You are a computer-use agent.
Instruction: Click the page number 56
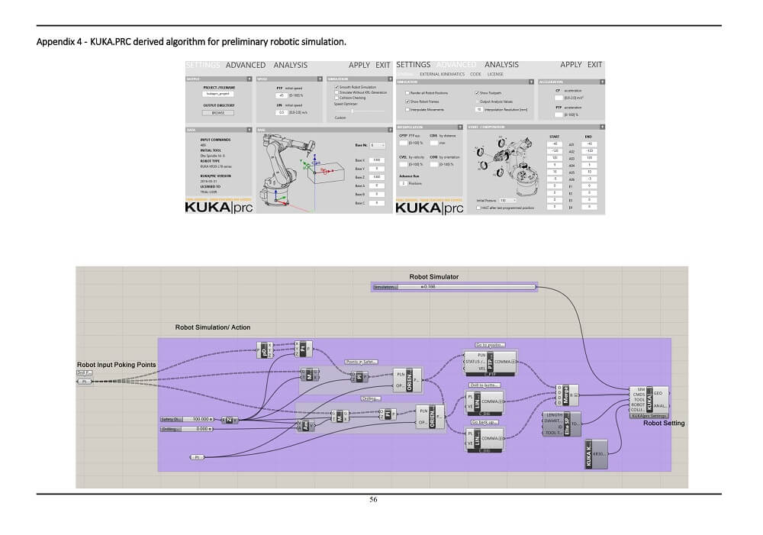point(373,500)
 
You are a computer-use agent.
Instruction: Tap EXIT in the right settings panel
point(594,65)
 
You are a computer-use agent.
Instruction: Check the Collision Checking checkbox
point(336,98)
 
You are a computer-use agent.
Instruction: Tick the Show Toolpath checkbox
point(473,92)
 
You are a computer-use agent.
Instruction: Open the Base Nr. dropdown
point(377,144)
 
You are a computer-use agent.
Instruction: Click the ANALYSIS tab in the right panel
point(501,65)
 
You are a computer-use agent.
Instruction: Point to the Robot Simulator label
point(434,276)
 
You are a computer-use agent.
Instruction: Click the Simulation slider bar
point(454,287)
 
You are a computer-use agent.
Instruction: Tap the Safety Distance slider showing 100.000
point(188,420)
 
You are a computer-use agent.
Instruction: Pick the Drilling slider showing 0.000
point(188,429)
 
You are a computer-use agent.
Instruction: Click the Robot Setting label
point(664,423)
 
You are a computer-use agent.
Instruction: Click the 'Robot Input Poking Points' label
point(116,365)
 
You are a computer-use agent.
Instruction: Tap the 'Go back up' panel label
point(485,421)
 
